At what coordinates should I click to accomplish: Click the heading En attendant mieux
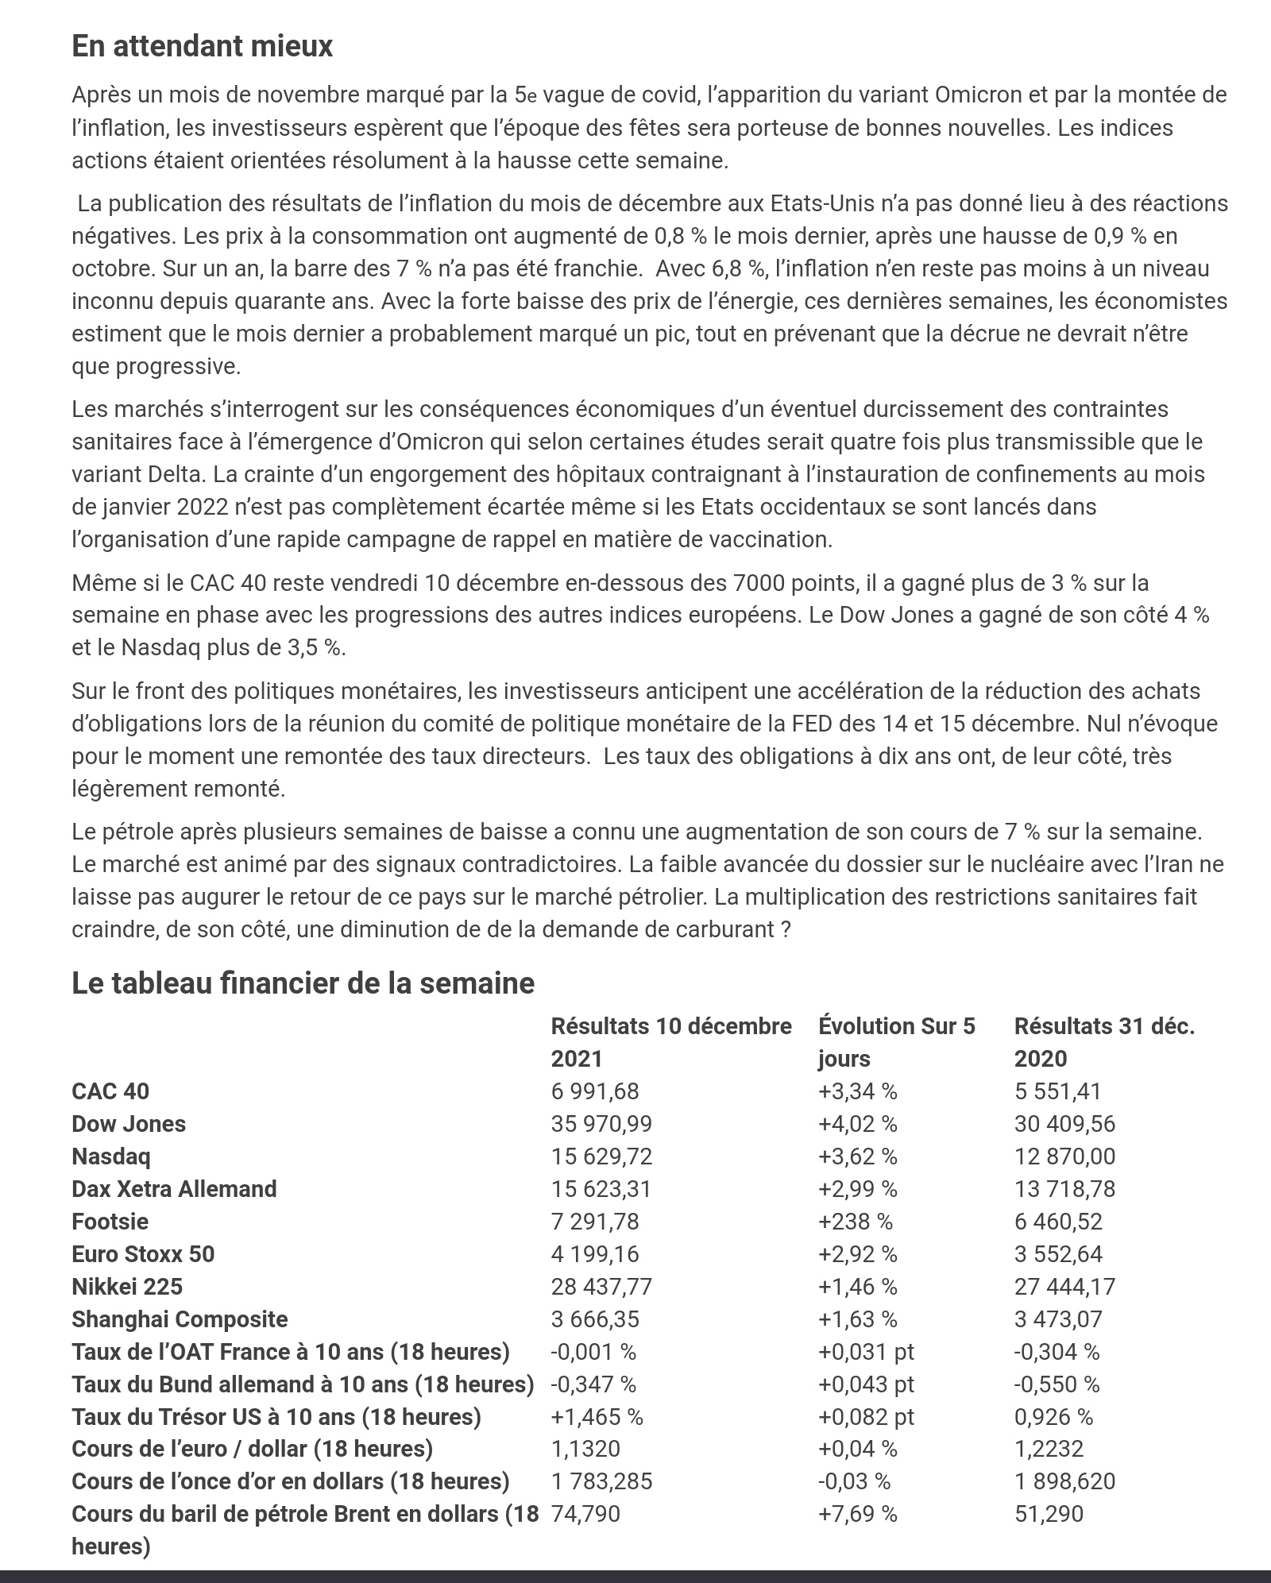click(x=202, y=46)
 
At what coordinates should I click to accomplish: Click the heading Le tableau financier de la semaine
click(x=303, y=983)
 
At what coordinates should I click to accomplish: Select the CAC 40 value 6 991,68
click(x=594, y=1091)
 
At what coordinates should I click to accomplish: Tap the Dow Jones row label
click(x=129, y=1124)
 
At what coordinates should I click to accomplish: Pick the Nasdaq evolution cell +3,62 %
click(x=857, y=1156)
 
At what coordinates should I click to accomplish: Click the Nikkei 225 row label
click(x=127, y=1287)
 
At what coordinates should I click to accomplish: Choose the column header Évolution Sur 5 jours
click(x=896, y=1042)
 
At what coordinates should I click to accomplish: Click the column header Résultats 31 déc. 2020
click(x=1103, y=1042)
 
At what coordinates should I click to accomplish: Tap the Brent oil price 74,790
click(x=585, y=1514)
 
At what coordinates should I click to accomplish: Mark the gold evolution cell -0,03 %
click(x=854, y=1481)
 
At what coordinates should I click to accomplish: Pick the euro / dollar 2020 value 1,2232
click(x=1049, y=1449)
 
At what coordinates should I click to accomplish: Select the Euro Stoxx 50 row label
click(x=143, y=1254)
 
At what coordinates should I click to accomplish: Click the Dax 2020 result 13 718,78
click(x=1064, y=1189)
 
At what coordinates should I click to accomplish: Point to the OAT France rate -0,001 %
click(x=593, y=1352)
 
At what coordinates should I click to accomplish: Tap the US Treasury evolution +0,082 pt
click(x=866, y=1417)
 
